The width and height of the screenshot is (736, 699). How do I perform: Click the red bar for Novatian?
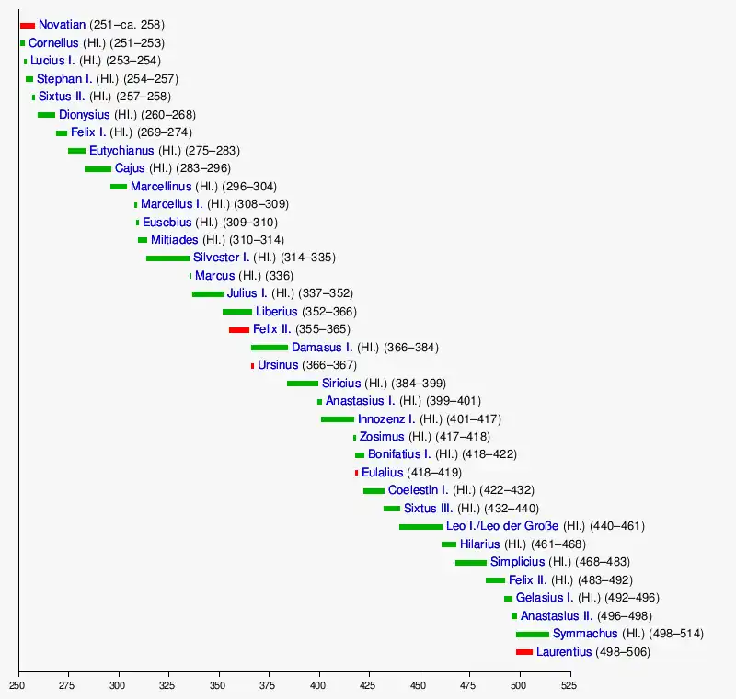click(28, 25)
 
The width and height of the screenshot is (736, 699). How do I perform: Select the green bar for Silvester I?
click(167, 258)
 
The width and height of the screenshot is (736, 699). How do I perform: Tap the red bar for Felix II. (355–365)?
click(239, 329)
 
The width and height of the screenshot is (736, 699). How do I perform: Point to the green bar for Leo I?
click(420, 526)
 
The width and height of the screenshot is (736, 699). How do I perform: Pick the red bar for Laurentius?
click(524, 652)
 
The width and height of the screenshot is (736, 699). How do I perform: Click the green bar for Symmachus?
click(532, 634)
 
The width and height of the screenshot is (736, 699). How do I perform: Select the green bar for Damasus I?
click(270, 348)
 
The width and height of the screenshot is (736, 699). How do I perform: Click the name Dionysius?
click(85, 115)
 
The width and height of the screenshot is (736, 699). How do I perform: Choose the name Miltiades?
click(175, 240)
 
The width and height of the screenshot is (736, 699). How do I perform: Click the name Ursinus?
click(278, 365)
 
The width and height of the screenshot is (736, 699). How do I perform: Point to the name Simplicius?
click(517, 562)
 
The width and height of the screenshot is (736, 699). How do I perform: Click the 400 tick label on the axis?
click(319, 685)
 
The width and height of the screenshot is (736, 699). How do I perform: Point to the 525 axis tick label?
click(570, 685)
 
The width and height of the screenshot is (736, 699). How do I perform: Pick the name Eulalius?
click(382, 473)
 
